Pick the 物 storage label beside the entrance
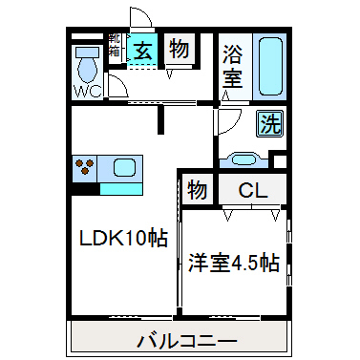[x=177, y=50]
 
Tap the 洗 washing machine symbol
[x=270, y=122]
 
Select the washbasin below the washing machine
[x=244, y=159]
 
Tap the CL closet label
[x=252, y=189]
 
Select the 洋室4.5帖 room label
[x=233, y=261]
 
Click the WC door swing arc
[x=118, y=87]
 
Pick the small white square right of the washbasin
[x=279, y=159]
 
